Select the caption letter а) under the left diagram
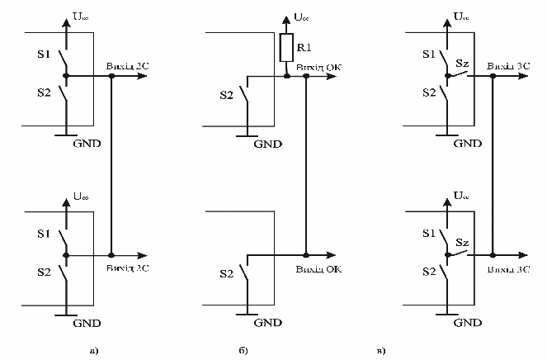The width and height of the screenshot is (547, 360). click(x=94, y=351)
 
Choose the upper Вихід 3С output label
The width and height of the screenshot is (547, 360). click(x=508, y=64)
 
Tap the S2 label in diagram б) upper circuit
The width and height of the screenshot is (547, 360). click(x=226, y=96)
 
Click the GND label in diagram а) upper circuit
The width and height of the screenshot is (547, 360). click(x=83, y=143)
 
